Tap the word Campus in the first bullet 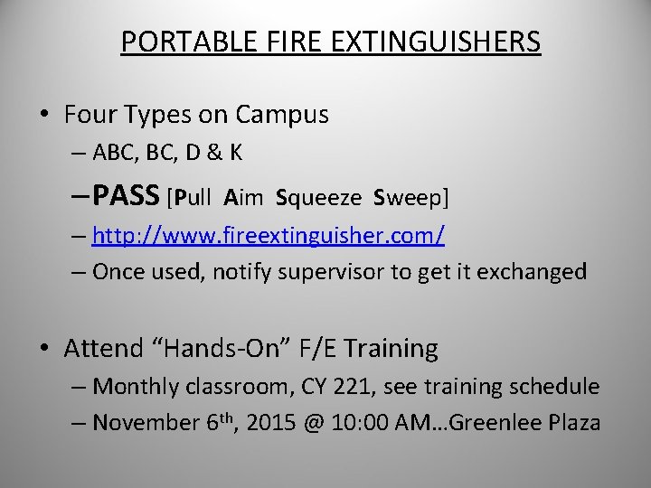pos(282,116)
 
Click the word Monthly pos(137,387)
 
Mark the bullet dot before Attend pos(44,348)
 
